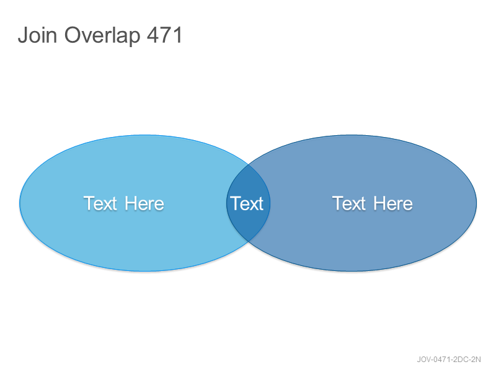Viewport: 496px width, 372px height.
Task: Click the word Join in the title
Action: [37, 35]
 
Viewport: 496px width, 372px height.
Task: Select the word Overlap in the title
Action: [102, 36]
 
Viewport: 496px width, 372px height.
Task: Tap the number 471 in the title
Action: [164, 35]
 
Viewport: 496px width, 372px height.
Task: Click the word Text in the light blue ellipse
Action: [100, 203]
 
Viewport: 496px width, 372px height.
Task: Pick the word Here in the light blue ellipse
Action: [144, 203]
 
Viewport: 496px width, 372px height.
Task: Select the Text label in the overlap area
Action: [247, 203]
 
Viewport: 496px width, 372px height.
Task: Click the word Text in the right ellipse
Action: [349, 203]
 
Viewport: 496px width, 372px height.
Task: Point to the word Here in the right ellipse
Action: [393, 203]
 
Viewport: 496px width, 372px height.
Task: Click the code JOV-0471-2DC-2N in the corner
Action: [448, 360]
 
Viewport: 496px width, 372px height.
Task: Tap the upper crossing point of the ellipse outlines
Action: [249, 165]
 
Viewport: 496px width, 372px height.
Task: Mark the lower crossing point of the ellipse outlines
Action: [249, 241]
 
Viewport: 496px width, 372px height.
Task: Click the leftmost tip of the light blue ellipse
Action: [20, 203]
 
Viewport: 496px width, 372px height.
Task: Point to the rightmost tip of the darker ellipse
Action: [476, 203]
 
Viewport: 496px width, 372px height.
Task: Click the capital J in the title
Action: [23, 35]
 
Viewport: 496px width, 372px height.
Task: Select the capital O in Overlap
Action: [73, 35]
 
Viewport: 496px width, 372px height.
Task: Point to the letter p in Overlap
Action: [135, 38]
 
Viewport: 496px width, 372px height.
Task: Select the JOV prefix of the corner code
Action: [424, 360]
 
